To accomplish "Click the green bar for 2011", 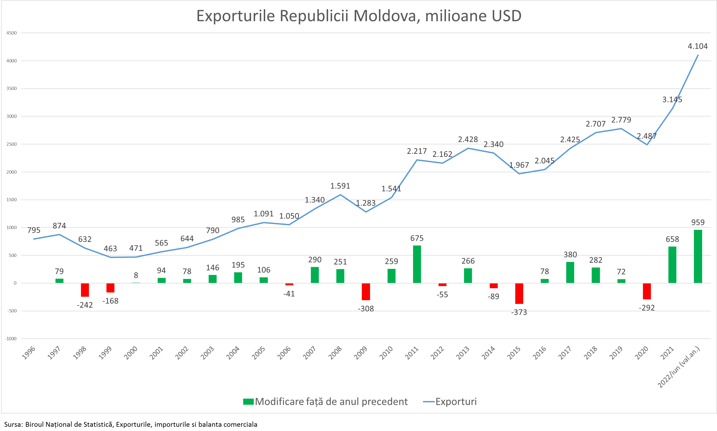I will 417,264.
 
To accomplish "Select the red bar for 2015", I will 519,293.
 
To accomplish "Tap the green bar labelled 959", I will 698,256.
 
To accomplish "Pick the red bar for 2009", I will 366,292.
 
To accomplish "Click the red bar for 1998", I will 85,290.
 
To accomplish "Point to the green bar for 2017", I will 570,272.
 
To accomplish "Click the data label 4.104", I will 698,46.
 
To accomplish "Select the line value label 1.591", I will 340,186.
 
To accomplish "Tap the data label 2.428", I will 468,139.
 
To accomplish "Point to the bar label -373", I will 519,312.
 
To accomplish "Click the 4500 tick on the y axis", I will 12,33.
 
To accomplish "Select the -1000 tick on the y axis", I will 11,339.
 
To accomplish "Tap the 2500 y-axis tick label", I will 12,144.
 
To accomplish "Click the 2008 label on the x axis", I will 335,353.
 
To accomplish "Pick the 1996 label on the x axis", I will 29,353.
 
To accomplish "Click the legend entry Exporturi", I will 456,402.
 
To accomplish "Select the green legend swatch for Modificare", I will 248,402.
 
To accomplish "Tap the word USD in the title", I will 506,16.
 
